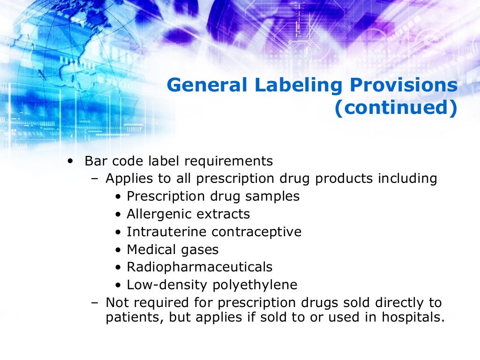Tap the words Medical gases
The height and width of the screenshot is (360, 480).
(x=172, y=249)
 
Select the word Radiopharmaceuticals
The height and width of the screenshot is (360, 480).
(x=200, y=267)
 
